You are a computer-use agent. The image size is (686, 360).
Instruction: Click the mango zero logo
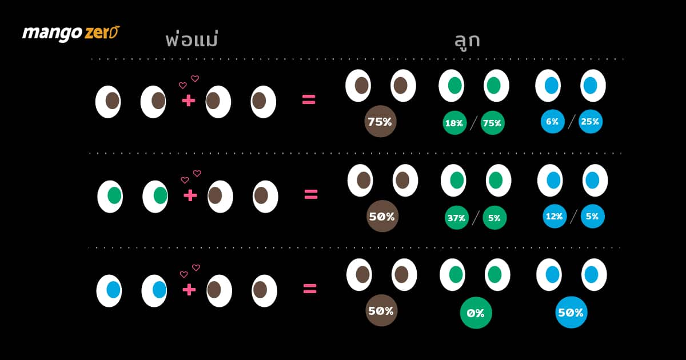pyautogui.click(x=71, y=33)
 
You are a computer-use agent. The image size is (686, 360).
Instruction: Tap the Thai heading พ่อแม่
pyautogui.click(x=192, y=39)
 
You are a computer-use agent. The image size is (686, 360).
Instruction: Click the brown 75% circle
pyautogui.click(x=380, y=122)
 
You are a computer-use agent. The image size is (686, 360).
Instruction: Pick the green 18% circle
pyautogui.click(x=454, y=123)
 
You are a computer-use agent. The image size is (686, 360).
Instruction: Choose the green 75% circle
pyautogui.click(x=492, y=123)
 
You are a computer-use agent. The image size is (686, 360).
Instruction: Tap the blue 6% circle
pyautogui.click(x=552, y=122)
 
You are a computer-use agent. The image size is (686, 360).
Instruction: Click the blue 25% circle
pyautogui.click(x=591, y=122)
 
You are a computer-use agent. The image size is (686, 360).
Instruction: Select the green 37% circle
pyautogui.click(x=457, y=218)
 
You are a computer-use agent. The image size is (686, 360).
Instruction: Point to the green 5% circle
pyautogui.click(x=494, y=218)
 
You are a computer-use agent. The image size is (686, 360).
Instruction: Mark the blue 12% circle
pyautogui.click(x=555, y=217)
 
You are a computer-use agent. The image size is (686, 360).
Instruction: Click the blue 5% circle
pyautogui.click(x=593, y=217)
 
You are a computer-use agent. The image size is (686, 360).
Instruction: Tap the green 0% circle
pyautogui.click(x=476, y=313)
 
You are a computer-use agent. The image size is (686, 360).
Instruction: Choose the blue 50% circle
pyautogui.click(x=571, y=312)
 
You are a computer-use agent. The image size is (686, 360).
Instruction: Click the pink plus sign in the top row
pyautogui.click(x=188, y=101)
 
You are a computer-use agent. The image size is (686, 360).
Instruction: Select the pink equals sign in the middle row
pyautogui.click(x=311, y=194)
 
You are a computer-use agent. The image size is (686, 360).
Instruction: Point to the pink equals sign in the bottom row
pyautogui.click(x=310, y=289)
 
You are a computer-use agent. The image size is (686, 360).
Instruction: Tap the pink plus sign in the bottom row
pyautogui.click(x=189, y=290)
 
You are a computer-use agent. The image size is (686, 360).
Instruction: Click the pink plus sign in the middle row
pyautogui.click(x=190, y=195)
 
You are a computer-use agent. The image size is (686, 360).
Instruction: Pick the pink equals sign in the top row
pyautogui.click(x=309, y=99)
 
